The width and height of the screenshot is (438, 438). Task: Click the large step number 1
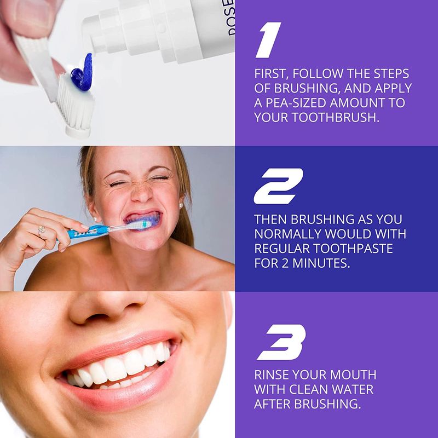[268, 40]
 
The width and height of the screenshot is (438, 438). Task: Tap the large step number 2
[278, 186]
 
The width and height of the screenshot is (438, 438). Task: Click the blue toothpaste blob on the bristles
[82, 71]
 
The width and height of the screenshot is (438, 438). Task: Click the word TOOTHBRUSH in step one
[336, 117]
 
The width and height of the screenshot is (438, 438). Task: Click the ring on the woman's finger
[42, 229]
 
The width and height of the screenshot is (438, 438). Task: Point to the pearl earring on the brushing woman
[181, 206]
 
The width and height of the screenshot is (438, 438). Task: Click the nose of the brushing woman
[142, 193]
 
